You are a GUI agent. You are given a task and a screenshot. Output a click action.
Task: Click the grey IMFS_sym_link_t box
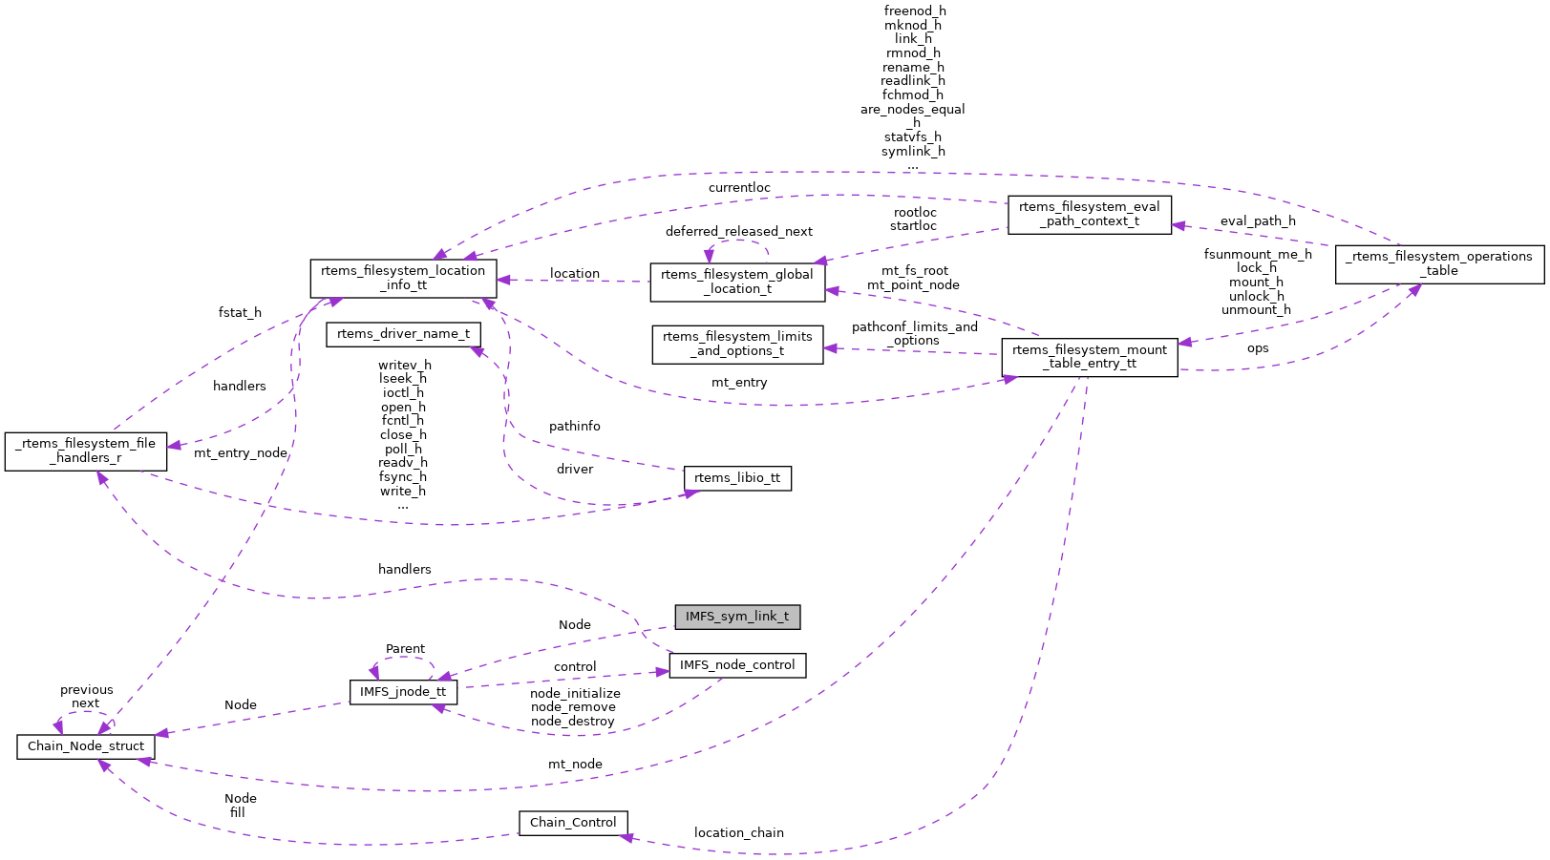point(736,617)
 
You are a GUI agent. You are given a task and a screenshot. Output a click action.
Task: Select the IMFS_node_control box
point(737,665)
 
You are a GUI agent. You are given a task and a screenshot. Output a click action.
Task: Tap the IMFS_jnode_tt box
point(403,692)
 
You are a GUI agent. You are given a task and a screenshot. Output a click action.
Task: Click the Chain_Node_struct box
point(86,746)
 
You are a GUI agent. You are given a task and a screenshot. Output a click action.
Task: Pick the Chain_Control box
point(573,823)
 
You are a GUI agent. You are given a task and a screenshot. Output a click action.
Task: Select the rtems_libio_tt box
point(737,478)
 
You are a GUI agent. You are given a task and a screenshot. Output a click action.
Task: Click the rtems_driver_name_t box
point(403,334)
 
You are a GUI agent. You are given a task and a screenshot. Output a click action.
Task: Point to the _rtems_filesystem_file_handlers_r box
point(86,451)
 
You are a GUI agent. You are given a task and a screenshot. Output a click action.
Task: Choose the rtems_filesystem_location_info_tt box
point(403,278)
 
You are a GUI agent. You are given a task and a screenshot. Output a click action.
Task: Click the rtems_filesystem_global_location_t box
point(737,282)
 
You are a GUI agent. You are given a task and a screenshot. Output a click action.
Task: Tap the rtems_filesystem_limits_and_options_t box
point(737,344)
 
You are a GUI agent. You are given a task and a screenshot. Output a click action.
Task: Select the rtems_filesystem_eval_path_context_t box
point(1089,214)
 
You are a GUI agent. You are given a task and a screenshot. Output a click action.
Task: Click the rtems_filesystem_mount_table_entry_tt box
point(1089,357)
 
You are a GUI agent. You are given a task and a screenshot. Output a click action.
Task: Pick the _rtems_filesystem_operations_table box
point(1439,263)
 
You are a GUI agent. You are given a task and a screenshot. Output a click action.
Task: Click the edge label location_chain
point(738,833)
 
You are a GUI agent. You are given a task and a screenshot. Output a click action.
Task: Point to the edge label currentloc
point(739,188)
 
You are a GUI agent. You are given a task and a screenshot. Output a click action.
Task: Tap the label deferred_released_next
point(739,232)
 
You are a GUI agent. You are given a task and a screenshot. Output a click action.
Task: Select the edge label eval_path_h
point(1258,221)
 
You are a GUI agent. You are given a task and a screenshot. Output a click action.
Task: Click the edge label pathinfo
point(575,427)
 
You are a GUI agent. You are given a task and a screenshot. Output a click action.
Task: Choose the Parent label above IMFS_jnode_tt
point(405,649)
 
